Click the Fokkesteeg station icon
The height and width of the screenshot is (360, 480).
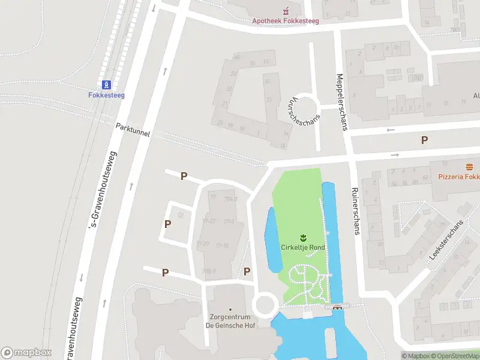click(107, 85)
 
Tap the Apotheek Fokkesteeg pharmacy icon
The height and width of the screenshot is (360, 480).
click(286, 11)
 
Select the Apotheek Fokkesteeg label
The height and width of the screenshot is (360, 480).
click(285, 21)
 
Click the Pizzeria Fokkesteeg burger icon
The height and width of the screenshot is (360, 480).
click(469, 166)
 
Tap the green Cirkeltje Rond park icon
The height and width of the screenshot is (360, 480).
click(303, 237)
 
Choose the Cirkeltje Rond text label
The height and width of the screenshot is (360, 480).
click(303, 247)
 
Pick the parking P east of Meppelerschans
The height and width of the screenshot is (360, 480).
click(424, 140)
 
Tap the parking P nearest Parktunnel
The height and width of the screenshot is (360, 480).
click(184, 176)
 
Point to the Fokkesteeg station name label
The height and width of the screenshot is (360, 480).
click(106, 95)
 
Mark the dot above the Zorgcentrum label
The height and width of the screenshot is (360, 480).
click(230, 310)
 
